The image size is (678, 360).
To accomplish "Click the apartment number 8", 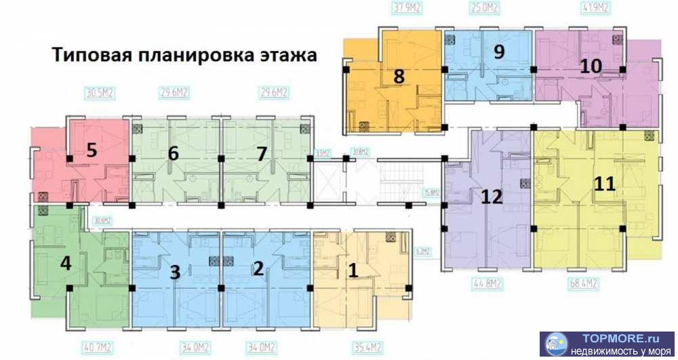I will [399, 77].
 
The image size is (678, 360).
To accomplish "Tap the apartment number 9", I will [499, 52].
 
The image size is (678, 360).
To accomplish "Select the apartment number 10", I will [591, 66].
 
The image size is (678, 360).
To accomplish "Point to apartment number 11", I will [604, 184].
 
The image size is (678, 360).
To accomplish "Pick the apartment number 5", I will [92, 150].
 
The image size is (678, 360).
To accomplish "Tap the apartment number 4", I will [66, 262].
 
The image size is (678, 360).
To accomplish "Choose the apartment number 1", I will [353, 271].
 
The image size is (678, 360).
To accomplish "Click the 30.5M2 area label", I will [99, 93].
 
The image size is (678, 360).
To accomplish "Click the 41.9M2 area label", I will [595, 8].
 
